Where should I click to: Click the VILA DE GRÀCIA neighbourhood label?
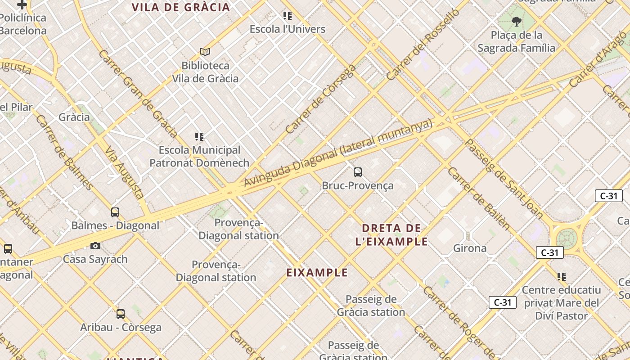click(x=181, y=7)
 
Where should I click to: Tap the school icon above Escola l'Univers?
click(x=288, y=16)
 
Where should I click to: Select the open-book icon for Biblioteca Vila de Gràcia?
click(x=205, y=52)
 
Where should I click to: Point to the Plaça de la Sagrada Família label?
click(x=516, y=41)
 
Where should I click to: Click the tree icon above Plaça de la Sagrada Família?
click(x=516, y=21)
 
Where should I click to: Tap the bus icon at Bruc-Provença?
click(x=358, y=172)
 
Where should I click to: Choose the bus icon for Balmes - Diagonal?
click(x=115, y=212)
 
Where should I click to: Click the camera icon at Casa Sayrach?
click(x=95, y=246)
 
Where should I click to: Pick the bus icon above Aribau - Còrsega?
click(x=121, y=314)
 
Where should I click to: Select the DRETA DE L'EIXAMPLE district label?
click(x=391, y=234)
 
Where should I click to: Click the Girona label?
click(x=469, y=248)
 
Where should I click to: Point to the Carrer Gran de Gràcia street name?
click(x=138, y=94)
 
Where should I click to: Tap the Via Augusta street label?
click(x=125, y=172)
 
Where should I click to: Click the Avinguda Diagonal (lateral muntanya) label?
click(x=337, y=153)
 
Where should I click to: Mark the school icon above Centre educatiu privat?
click(x=561, y=276)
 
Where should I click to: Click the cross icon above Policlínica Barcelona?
click(x=22, y=5)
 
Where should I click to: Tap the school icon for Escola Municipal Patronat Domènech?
click(x=199, y=136)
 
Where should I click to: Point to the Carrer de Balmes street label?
click(x=64, y=153)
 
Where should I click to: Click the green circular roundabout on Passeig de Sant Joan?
click(x=567, y=238)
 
